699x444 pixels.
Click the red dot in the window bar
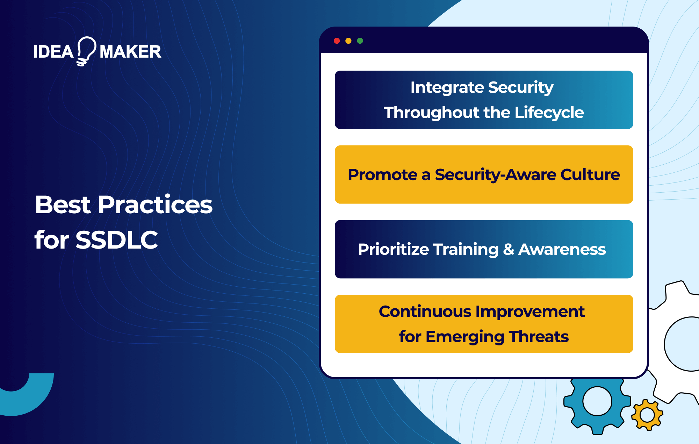[337, 41]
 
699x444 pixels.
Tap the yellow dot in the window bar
[348, 41]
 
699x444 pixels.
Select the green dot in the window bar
[360, 41]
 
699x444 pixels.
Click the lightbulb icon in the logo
[86, 51]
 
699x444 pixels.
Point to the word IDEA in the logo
[53, 52]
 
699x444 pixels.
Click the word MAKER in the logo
[130, 52]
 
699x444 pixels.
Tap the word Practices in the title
[155, 205]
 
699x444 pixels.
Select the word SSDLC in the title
[117, 240]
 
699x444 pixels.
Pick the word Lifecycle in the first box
[549, 113]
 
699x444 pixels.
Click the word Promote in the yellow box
[382, 175]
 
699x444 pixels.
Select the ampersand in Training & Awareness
[509, 250]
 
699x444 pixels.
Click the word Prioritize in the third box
[393, 250]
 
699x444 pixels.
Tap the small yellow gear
[647, 415]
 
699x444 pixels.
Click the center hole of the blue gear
[597, 401]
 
